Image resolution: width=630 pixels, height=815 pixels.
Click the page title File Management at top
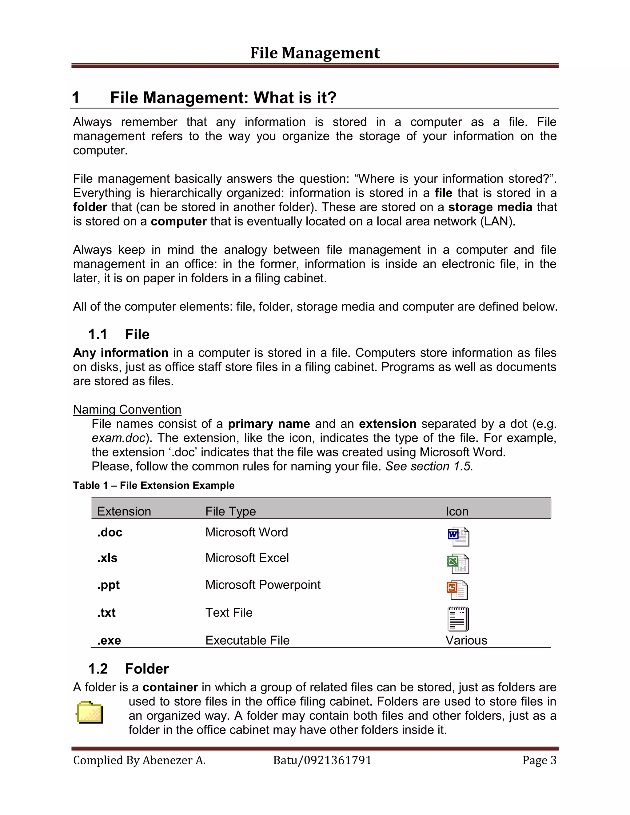(x=315, y=53)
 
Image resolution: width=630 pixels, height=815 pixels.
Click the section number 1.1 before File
(x=98, y=334)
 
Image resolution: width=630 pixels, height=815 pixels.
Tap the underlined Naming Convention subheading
(x=127, y=409)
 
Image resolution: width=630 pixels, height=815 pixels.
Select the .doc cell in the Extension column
(x=110, y=532)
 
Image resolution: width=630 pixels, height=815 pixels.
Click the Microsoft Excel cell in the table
(x=247, y=558)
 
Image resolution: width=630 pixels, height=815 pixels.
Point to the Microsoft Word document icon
(x=458, y=536)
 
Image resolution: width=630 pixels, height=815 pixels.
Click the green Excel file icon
(x=458, y=563)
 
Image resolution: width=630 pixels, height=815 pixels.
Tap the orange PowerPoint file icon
(x=457, y=590)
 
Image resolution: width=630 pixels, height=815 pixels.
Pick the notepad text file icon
(x=458, y=619)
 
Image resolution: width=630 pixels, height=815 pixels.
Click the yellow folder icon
(x=90, y=712)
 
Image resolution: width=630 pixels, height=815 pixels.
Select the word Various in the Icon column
(x=466, y=640)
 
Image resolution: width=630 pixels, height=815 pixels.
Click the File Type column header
(x=230, y=511)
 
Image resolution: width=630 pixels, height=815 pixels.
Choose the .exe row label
(x=109, y=640)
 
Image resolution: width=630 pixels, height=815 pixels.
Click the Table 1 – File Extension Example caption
(x=154, y=486)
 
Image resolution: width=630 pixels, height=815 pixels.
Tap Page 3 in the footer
(x=539, y=760)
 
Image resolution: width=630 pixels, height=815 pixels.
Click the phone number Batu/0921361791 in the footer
(x=322, y=760)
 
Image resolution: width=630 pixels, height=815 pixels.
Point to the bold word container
(x=170, y=687)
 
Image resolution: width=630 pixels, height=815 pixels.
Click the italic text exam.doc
(x=118, y=438)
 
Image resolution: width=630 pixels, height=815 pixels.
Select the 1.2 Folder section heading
(x=128, y=669)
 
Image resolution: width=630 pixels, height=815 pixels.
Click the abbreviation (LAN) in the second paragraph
(x=497, y=221)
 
